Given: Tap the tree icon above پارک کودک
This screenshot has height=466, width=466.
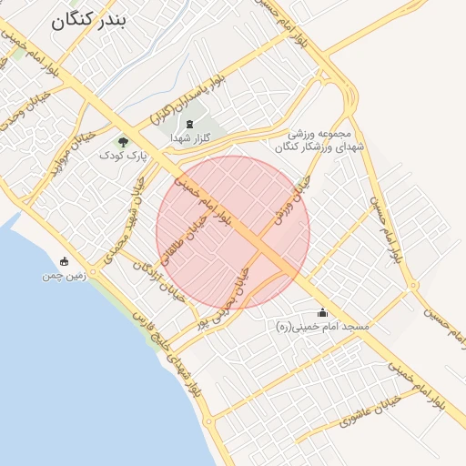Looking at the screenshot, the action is (x=123, y=141).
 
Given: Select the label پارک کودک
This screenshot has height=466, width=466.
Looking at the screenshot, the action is (x=123, y=156).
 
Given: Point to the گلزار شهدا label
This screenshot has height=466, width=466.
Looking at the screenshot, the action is (x=190, y=138).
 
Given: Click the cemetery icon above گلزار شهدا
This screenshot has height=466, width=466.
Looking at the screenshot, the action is (x=190, y=124).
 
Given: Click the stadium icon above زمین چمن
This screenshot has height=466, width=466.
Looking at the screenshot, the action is (x=63, y=261).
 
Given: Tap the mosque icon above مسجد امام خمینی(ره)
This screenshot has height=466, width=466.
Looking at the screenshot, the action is (x=323, y=312).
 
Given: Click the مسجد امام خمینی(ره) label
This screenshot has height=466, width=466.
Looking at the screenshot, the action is (x=323, y=326).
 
